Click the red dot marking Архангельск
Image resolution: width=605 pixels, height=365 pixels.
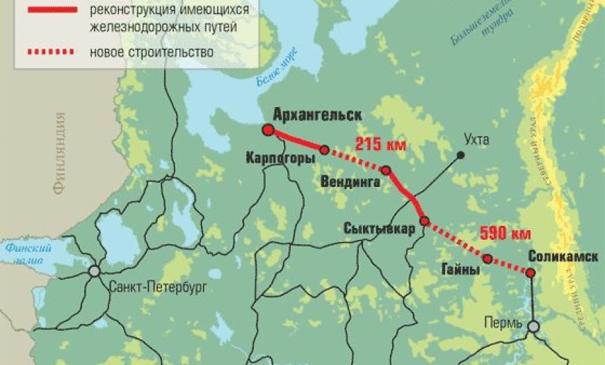[x=267, y=130]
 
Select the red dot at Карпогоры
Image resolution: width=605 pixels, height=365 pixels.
[x=324, y=149]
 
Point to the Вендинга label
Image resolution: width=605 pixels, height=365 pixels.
[x=350, y=183]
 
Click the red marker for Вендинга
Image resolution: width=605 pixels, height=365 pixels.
[x=386, y=170]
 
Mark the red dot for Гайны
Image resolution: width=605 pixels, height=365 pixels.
[x=487, y=259]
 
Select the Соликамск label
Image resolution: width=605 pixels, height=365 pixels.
[x=564, y=256]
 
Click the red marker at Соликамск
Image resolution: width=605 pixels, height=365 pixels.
[x=531, y=273]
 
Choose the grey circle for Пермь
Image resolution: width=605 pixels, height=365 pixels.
[x=533, y=326]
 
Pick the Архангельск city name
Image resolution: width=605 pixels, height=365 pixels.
[x=318, y=115]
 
